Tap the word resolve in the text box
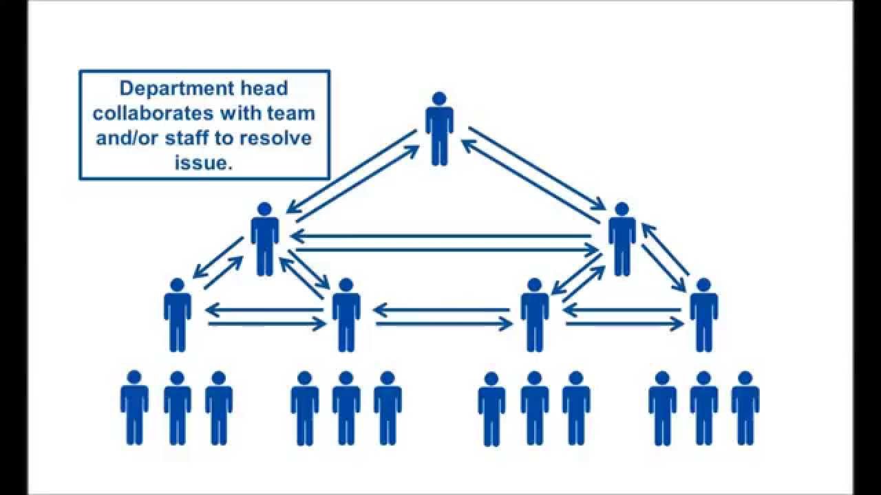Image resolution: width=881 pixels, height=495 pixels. [275, 137]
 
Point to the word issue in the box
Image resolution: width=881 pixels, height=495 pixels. [204, 162]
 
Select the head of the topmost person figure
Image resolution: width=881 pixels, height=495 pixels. [439, 98]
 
